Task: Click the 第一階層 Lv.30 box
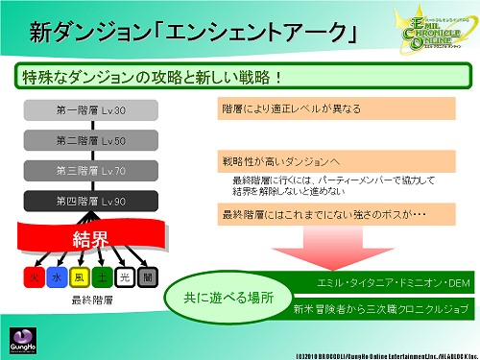click(x=90, y=110)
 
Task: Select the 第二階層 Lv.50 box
click(x=90, y=140)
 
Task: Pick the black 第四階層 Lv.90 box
click(x=90, y=202)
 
